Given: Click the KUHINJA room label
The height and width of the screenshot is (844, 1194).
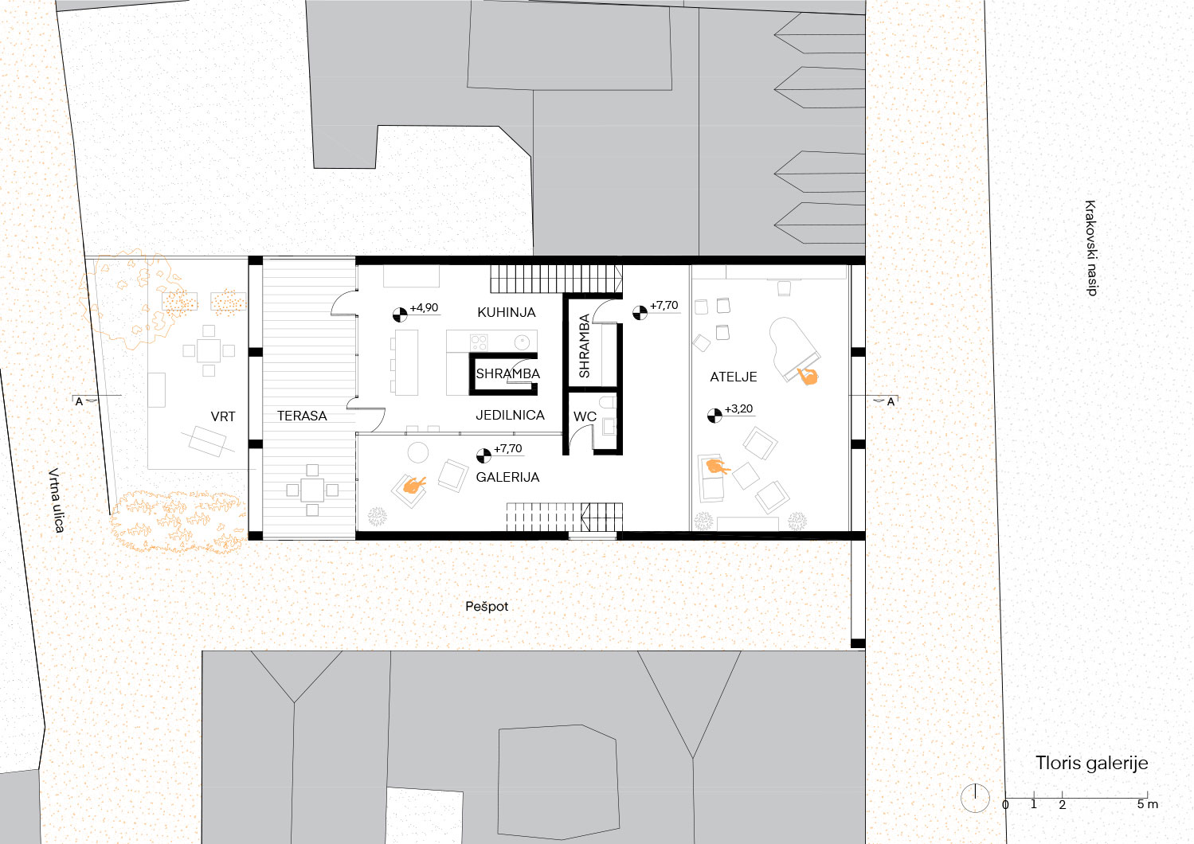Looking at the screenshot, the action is pyautogui.click(x=506, y=312).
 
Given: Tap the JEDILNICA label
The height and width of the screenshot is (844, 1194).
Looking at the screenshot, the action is pyautogui.click(x=510, y=415).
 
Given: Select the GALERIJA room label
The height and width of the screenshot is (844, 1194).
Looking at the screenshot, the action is pyautogui.click(x=507, y=477).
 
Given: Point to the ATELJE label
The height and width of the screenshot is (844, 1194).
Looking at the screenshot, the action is pyautogui.click(x=734, y=377).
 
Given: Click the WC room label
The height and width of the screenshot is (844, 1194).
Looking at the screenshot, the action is pyautogui.click(x=585, y=416).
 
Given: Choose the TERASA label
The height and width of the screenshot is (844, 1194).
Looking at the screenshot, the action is pyautogui.click(x=302, y=416).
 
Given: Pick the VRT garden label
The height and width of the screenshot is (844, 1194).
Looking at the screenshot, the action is pyautogui.click(x=223, y=416).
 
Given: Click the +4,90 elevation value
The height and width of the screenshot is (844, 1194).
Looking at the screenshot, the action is pyautogui.click(x=425, y=308).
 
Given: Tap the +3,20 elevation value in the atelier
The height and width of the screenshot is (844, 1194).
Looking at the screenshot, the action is pyautogui.click(x=739, y=408).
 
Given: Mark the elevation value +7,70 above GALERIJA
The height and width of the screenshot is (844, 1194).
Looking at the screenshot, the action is pyautogui.click(x=508, y=448).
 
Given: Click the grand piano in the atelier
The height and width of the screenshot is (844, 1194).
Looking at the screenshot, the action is pyautogui.click(x=793, y=349).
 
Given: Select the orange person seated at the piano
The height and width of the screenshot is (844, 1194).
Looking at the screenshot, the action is pyautogui.click(x=808, y=376).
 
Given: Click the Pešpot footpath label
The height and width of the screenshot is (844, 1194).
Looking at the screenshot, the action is pyautogui.click(x=487, y=607).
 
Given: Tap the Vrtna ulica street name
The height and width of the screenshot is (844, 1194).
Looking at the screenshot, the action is pyautogui.click(x=56, y=500).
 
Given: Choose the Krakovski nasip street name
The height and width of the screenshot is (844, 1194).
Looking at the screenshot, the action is pyautogui.click(x=1091, y=248).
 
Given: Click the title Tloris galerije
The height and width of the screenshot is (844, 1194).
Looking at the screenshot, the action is pyautogui.click(x=1092, y=763).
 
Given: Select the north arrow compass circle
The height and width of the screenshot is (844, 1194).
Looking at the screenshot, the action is pyautogui.click(x=975, y=798).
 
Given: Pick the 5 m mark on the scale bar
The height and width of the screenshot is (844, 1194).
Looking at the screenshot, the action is pyautogui.click(x=1147, y=804).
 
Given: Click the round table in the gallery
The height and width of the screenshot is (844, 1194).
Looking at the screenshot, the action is pyautogui.click(x=418, y=452).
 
